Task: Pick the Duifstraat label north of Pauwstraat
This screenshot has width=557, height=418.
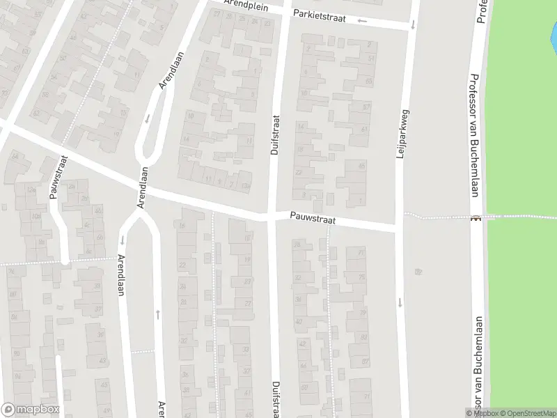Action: pyautogui.click(x=274, y=134)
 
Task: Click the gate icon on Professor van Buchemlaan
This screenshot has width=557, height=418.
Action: pyautogui.click(x=476, y=218)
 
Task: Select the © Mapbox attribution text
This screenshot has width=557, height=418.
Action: pyautogui.click(x=485, y=413)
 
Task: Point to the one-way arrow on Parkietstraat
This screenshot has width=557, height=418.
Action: pyautogui.click(x=361, y=20)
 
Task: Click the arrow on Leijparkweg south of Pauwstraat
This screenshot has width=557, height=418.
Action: pyautogui.click(x=400, y=302)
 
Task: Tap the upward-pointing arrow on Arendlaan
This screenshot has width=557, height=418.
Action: pyautogui.click(x=158, y=314)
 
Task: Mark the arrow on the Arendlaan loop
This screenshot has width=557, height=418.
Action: pyautogui.click(x=147, y=118)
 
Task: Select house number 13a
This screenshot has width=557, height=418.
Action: pyautogui.click(x=244, y=186)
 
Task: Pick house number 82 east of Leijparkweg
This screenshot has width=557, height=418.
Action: pyautogui.click(x=418, y=271)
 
